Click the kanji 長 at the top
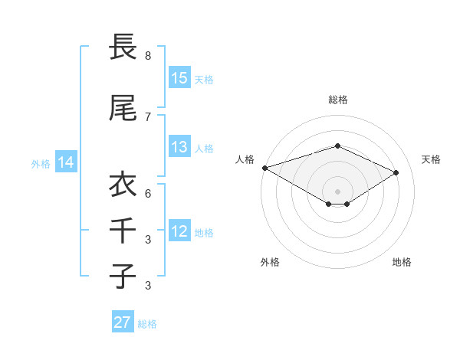(x=123, y=47)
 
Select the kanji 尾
(x=123, y=108)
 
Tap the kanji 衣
(x=123, y=185)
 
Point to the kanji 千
(x=123, y=230)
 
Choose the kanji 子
(x=123, y=276)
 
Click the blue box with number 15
(x=179, y=78)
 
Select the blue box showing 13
(x=179, y=148)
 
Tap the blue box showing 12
(x=179, y=231)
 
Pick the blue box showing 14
(x=66, y=162)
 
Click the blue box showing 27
(x=123, y=322)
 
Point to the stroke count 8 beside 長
(x=148, y=56)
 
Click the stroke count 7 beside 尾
(x=148, y=116)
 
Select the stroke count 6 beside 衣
(x=148, y=193)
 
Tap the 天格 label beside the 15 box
(x=204, y=79)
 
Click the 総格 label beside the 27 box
(x=147, y=324)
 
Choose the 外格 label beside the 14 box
(x=41, y=163)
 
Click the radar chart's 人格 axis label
(x=245, y=159)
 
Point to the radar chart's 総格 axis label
(x=337, y=100)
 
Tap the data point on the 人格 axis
(x=264, y=168)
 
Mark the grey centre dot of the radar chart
(x=337, y=191)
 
